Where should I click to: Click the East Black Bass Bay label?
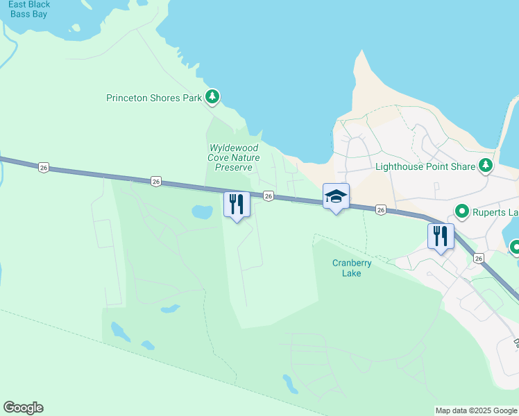[x=29, y=9]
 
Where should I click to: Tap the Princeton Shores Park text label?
[x=153, y=98]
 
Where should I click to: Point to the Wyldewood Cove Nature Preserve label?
[x=235, y=157]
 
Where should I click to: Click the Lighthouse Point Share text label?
[x=425, y=166]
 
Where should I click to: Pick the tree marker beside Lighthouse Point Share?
[x=486, y=166]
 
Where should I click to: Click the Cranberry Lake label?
[x=352, y=268]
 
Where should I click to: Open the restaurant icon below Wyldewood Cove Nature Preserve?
[x=237, y=204]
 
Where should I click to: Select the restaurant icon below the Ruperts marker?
[x=441, y=236]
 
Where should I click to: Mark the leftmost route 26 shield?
[x=44, y=167]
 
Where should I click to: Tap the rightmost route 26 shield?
[x=479, y=258]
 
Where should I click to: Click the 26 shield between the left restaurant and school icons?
[x=269, y=196]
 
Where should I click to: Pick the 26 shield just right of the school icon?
[x=380, y=209]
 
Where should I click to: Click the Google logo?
[x=23, y=408]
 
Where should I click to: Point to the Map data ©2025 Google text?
[x=476, y=410]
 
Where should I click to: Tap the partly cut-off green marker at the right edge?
[x=516, y=247]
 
